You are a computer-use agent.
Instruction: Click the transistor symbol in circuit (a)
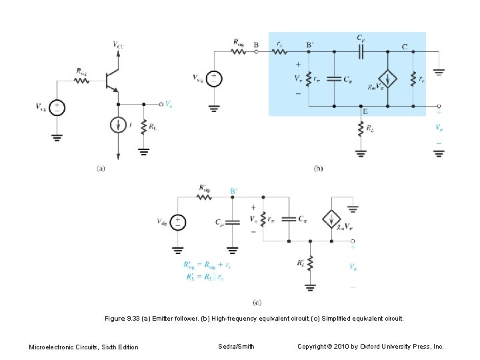(111, 81)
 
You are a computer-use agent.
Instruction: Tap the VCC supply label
(117, 45)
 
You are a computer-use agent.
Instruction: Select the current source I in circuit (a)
(117, 125)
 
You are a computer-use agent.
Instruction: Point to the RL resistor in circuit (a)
(143, 127)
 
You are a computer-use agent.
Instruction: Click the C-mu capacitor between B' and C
(361, 51)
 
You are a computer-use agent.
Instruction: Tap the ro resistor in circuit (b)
(413, 79)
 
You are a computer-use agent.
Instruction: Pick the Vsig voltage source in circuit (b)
(213, 77)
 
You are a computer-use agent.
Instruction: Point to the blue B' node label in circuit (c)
(234, 190)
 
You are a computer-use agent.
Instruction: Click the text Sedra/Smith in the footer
(236, 346)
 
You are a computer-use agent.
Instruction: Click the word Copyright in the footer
(313, 346)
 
